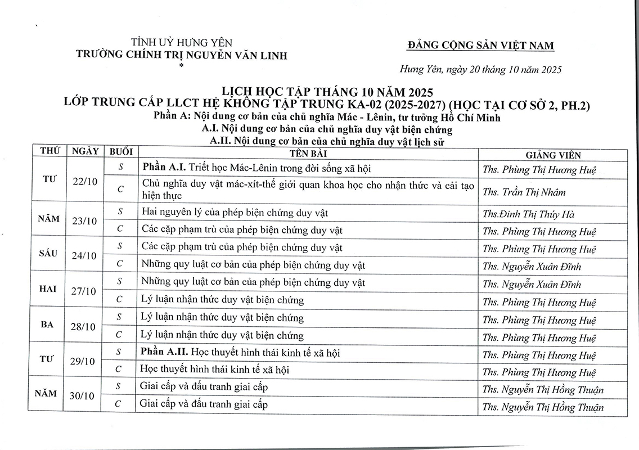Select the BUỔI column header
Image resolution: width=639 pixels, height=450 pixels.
[x=121, y=152]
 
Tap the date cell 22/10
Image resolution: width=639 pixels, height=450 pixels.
[x=85, y=181]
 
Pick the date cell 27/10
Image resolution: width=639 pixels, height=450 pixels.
[x=85, y=291]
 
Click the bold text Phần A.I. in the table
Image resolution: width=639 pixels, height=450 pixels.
[x=164, y=168]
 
